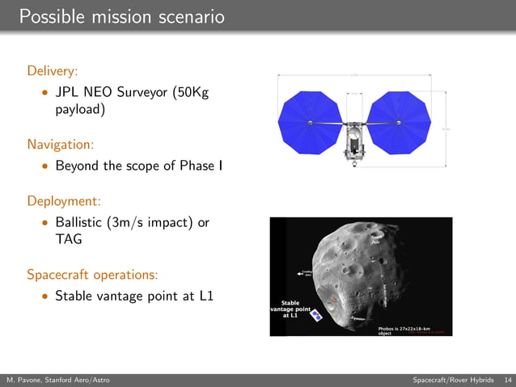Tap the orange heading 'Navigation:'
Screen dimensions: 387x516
(61, 145)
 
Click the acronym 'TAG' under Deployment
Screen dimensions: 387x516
(69, 239)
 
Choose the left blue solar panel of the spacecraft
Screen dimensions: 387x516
(310, 123)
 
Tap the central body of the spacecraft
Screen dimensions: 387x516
(353, 139)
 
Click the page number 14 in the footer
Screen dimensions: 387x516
(507, 380)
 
